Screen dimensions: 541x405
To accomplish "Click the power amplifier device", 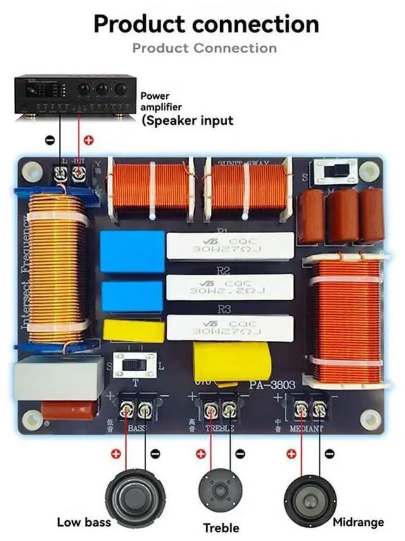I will pos(75,94).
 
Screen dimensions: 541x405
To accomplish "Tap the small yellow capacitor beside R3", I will pos(134,331).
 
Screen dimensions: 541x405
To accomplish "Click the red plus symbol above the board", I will pos(89,140).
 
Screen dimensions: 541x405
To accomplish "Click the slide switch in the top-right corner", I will pos(335,170).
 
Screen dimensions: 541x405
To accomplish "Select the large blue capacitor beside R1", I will pos(132,251).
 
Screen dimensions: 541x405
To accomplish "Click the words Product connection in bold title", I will pos(206,23).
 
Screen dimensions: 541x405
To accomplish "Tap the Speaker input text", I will pos(187,120).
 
